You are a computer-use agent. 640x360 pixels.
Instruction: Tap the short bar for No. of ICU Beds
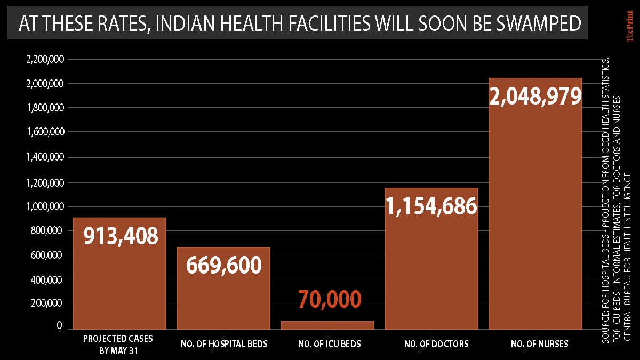pyautogui.click(x=328, y=325)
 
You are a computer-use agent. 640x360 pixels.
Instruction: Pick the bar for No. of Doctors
pyautogui.click(x=431, y=267)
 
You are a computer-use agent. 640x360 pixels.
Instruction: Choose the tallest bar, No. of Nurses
pyautogui.click(x=535, y=213)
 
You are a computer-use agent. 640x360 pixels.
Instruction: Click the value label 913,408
pyautogui.click(x=121, y=235)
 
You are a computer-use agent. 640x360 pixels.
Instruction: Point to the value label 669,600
pyautogui.click(x=223, y=265)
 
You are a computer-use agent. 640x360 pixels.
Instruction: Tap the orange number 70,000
pyautogui.click(x=330, y=299)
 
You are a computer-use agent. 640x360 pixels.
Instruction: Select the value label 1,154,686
pyautogui.click(x=431, y=205)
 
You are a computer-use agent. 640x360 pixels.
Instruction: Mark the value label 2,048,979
pyautogui.click(x=535, y=96)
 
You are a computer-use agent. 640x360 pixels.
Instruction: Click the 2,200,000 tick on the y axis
pyautogui.click(x=45, y=60)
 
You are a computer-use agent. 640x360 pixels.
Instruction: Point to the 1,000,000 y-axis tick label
pyautogui.click(x=45, y=206)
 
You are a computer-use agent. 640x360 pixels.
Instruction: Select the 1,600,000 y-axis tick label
pyautogui.click(x=45, y=133)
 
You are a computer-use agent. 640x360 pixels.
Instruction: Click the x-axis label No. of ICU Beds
pyautogui.click(x=329, y=344)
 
